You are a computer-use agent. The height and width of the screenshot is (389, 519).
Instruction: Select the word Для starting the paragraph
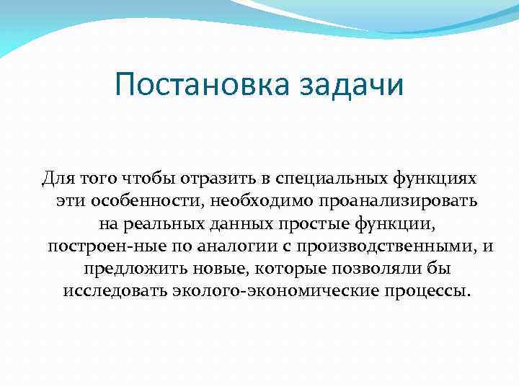pyautogui.click(x=56, y=177)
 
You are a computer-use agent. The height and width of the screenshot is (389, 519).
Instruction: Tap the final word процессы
pyautogui.click(x=426, y=292)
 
